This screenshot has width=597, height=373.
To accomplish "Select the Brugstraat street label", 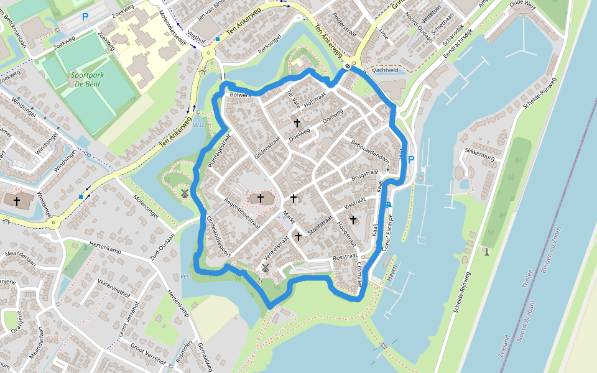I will [365, 175].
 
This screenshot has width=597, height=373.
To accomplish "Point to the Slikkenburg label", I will [479, 159].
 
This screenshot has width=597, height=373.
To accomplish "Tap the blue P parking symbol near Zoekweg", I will [85, 17].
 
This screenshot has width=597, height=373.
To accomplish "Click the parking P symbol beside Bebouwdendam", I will [410, 160].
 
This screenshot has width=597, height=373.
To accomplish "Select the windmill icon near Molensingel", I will [184, 193].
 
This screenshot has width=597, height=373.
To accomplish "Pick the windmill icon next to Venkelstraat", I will [266, 268].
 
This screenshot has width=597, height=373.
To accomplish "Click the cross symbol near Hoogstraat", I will [353, 219].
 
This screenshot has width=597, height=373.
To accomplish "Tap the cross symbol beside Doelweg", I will [297, 124].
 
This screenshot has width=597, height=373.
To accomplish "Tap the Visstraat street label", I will [353, 203].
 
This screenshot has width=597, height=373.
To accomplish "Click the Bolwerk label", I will [240, 95].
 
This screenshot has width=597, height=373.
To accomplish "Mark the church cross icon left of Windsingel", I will [17, 201].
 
